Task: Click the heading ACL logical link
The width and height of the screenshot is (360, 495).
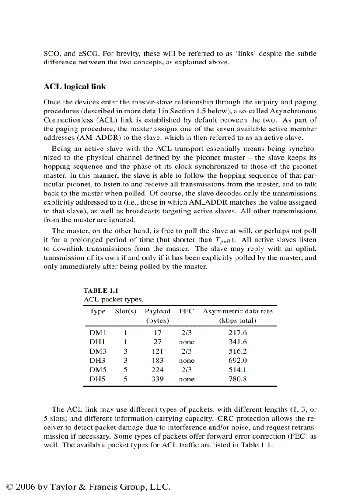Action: pyautogui.click(x=75, y=86)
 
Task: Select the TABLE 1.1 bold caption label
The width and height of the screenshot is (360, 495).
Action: pyautogui.click(x=101, y=290)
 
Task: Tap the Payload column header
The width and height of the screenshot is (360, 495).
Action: pyautogui.click(x=157, y=311)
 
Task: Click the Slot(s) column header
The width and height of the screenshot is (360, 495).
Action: pyautogui.click(x=126, y=311)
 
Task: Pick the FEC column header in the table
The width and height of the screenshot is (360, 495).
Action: pyautogui.click(x=186, y=311)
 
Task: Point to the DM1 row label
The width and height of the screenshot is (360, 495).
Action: pyautogui.click(x=98, y=333)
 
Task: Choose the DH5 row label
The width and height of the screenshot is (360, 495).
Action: pyautogui.click(x=97, y=379)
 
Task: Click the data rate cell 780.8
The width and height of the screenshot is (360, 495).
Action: pyautogui.click(x=237, y=379)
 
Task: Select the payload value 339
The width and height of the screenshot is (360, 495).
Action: pyautogui.click(x=157, y=379)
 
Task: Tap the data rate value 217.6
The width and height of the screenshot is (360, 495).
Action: pyautogui.click(x=237, y=333)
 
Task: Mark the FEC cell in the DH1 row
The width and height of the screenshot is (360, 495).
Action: pyautogui.click(x=186, y=342)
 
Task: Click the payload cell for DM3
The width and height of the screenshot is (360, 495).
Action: pyautogui.click(x=157, y=351)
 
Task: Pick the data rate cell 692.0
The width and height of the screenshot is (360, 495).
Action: pyautogui.click(x=237, y=361)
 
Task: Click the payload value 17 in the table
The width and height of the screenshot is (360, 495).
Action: pyautogui.click(x=157, y=333)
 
